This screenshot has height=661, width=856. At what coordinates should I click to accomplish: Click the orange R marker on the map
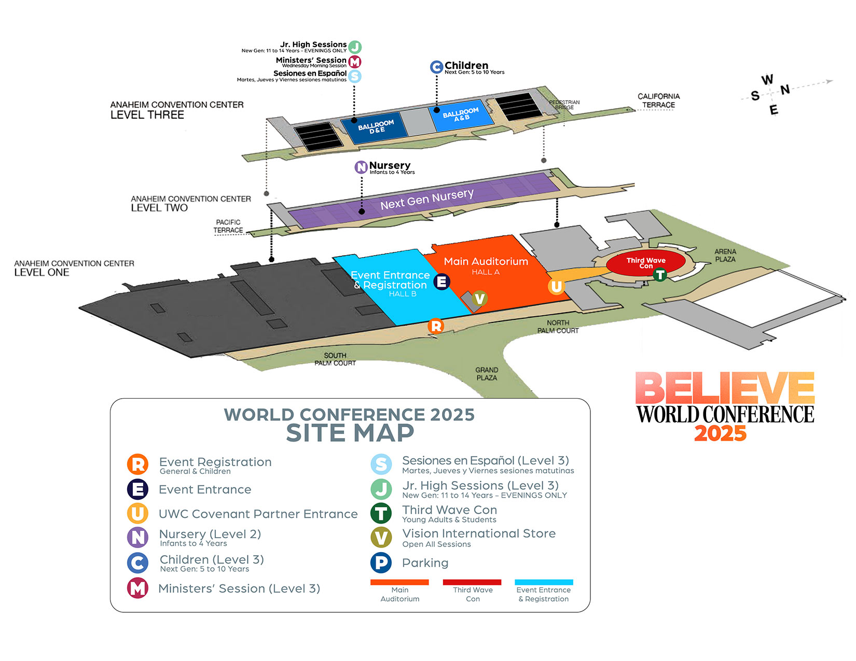coord(436,326)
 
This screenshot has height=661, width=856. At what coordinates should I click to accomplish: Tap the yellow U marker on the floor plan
coord(556,287)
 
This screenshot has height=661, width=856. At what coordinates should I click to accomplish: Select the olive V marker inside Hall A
coord(479,299)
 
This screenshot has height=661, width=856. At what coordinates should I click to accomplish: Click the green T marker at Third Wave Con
coord(660,274)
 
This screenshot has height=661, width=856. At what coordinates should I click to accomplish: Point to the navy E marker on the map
coord(441,282)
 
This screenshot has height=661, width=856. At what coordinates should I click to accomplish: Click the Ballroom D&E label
coord(376,127)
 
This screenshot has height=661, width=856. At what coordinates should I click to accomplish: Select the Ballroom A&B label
coord(461,114)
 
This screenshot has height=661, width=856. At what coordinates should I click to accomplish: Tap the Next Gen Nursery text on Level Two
coord(426,199)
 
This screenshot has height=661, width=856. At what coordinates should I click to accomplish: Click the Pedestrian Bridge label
coord(564,105)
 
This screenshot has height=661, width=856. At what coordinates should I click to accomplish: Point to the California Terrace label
coord(659,101)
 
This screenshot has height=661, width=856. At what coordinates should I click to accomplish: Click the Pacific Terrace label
coord(228,226)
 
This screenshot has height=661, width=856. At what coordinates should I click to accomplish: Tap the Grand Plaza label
coord(487,374)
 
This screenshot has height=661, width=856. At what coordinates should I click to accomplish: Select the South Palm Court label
coord(335,359)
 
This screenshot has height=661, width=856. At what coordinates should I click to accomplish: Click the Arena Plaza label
coord(725,255)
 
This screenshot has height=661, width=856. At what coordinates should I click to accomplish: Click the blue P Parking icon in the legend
coord(381,562)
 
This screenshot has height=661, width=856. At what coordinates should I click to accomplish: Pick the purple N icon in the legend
coord(137,538)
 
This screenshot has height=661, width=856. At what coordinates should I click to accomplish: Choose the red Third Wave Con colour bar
coord(472,582)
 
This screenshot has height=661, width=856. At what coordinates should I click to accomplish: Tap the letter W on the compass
coord(767,79)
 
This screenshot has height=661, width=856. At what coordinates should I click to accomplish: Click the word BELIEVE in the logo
coord(725,387)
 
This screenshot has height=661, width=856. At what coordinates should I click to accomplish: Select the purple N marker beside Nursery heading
coord(361,167)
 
